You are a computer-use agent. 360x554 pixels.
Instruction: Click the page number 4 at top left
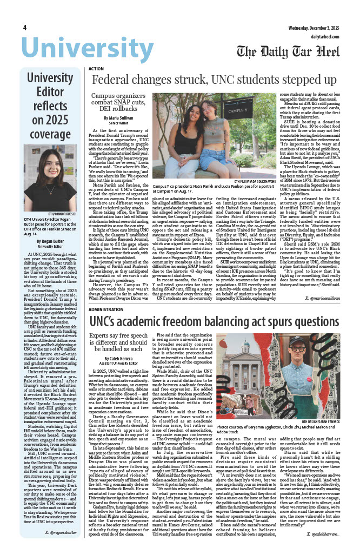pos(25,28)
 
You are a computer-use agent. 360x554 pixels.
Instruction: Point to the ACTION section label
pos(96,69)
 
